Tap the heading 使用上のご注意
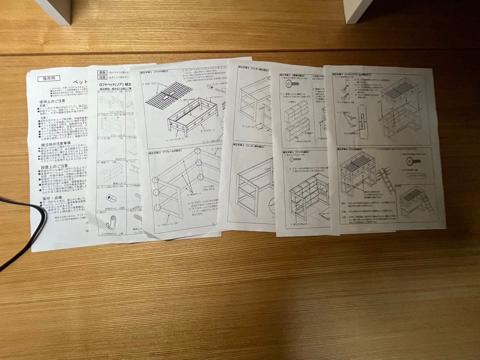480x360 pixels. [x=55, y=102]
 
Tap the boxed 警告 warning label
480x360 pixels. [x=103, y=72]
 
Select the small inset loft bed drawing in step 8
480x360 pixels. [x=415, y=201]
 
